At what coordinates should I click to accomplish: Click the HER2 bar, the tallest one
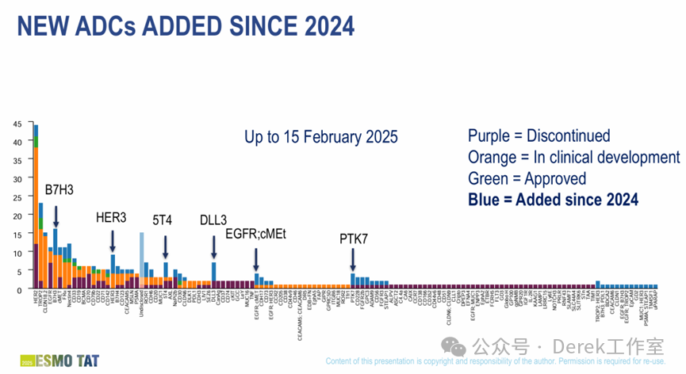point(36,206)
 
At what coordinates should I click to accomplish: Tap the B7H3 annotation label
point(60,191)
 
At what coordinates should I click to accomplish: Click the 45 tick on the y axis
point(17,124)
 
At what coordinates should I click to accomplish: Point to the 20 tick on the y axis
point(17,216)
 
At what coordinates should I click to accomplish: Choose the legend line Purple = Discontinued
point(538,135)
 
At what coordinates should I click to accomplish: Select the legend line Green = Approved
point(527,178)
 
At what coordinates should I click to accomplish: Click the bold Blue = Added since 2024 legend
point(553,200)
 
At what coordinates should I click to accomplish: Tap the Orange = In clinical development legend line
point(573,157)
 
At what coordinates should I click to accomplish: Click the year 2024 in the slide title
point(317,27)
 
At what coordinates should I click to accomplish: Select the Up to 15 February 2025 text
point(321,135)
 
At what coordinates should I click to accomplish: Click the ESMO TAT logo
point(40,359)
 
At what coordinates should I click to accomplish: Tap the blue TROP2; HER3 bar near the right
point(597,285)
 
